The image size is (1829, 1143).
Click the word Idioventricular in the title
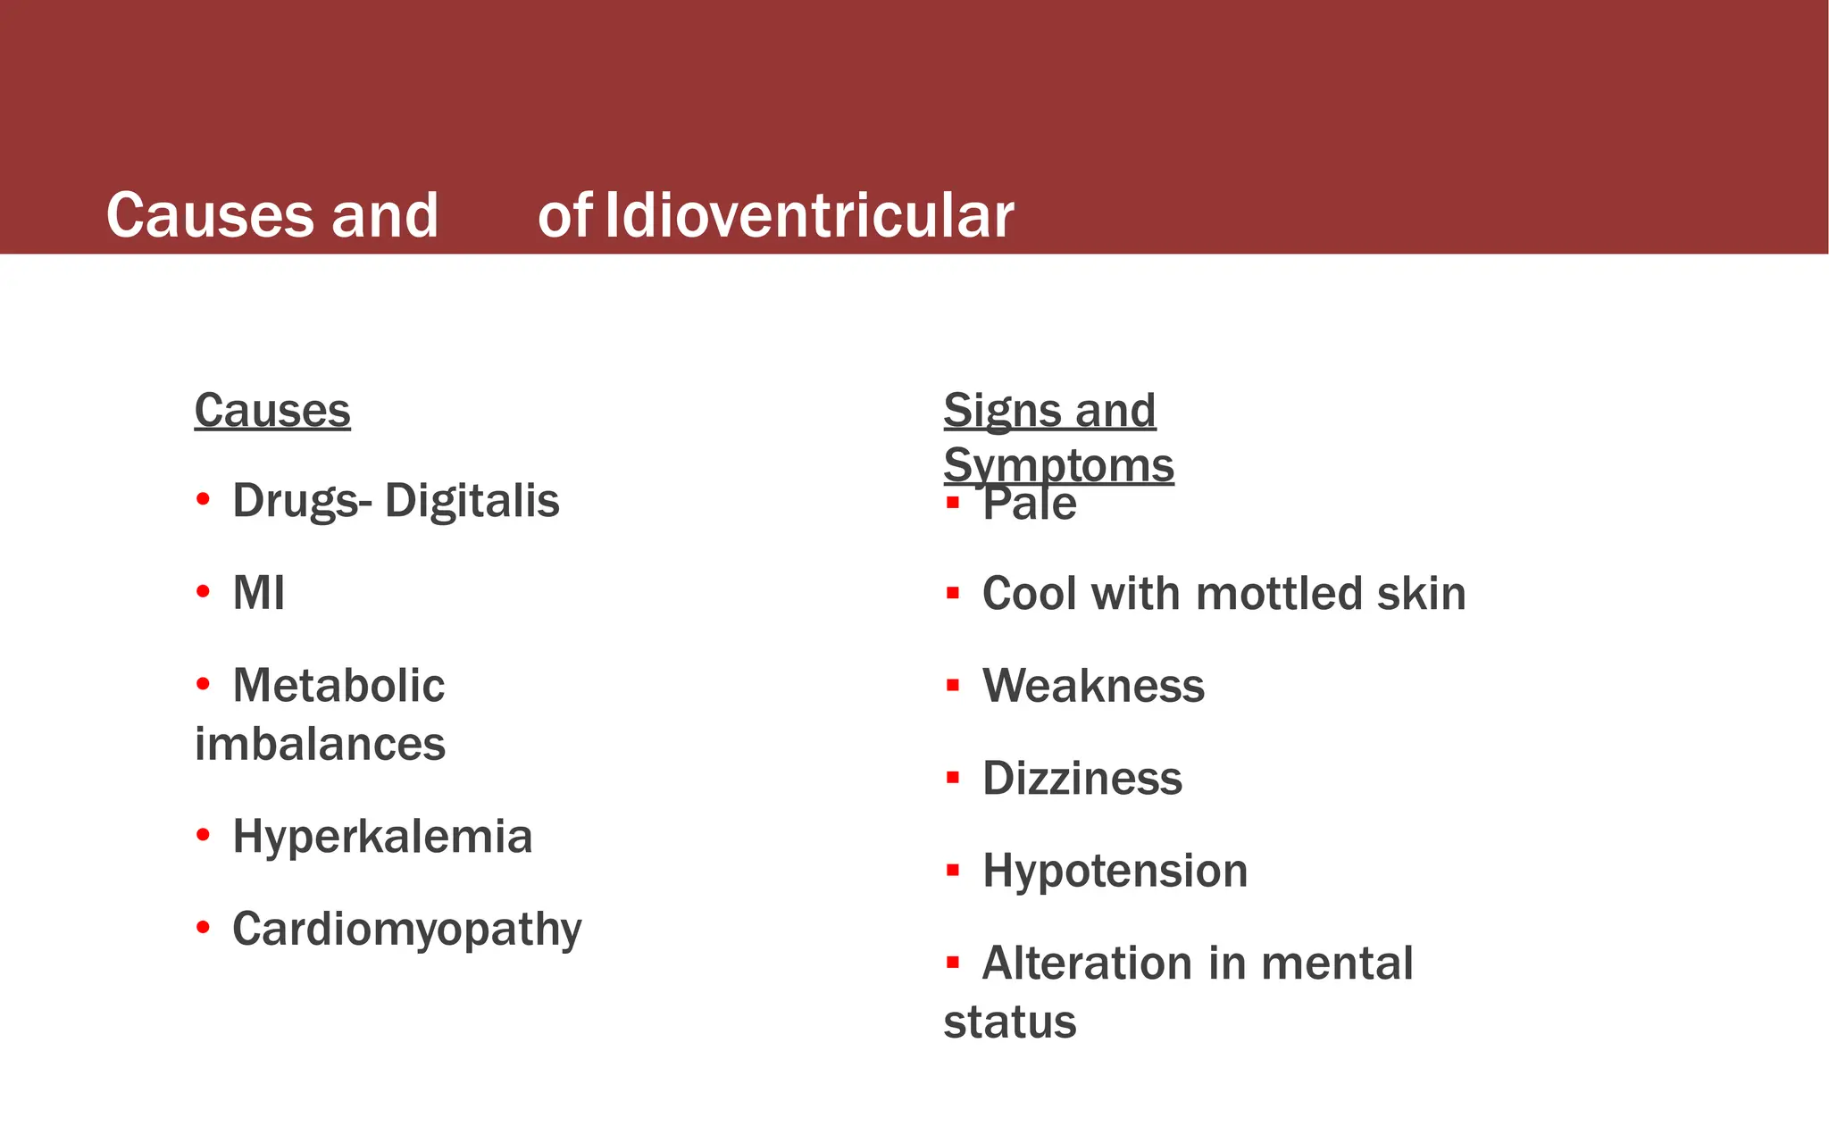tap(809, 216)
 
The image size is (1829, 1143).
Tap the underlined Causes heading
tap(272, 411)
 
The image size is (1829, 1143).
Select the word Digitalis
tap(472, 500)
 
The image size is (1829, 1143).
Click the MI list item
tap(258, 593)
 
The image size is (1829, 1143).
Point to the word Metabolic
tap(338, 686)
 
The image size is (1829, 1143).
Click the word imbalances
tap(320, 744)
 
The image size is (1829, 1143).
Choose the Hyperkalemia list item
tap(382, 837)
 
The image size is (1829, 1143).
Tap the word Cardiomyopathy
tap(407, 930)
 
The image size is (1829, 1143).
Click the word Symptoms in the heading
tap(1058, 465)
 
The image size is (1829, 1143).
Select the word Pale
tap(1030, 504)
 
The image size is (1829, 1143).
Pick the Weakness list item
tap(1093, 686)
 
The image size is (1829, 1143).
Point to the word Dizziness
tap(1082, 779)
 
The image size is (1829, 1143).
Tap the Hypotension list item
tap(1115, 871)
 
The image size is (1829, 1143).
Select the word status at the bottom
tap(1010, 1022)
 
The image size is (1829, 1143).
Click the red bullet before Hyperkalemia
tap(203, 836)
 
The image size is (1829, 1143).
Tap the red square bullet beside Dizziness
tap(953, 778)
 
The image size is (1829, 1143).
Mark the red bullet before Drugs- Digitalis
tap(203, 499)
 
